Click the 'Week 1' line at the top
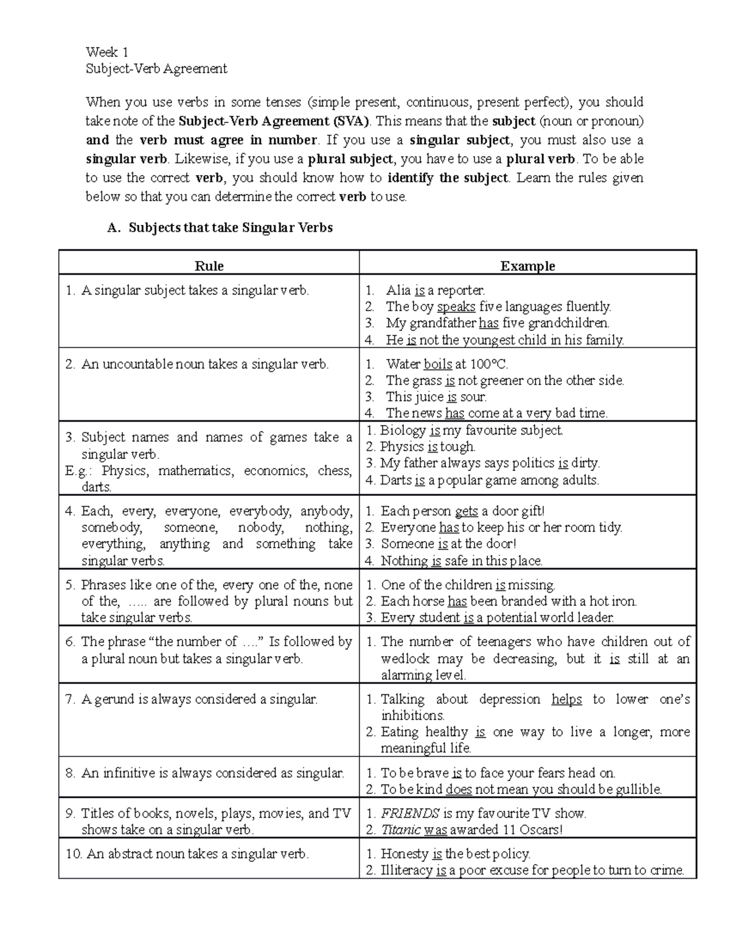[106, 52]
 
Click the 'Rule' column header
[209, 266]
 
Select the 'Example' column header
[527, 266]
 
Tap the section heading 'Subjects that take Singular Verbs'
[231, 228]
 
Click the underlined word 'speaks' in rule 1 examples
[456, 307]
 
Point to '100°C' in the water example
[488, 364]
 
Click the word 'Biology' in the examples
[403, 431]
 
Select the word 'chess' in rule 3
[335, 471]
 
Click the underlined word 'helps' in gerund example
[566, 700]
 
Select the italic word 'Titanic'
[401, 830]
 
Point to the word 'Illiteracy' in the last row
[406, 871]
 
